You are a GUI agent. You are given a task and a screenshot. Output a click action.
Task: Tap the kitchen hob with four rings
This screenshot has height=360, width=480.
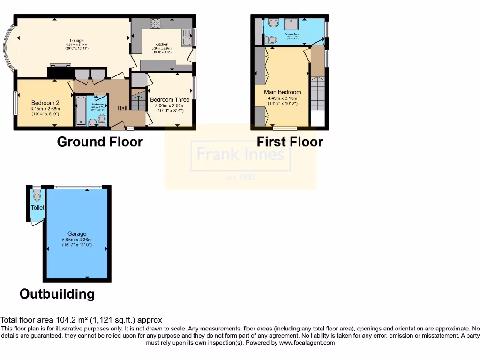pos(155,24)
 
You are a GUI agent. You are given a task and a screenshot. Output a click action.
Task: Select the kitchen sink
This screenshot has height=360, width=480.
pos(187,37)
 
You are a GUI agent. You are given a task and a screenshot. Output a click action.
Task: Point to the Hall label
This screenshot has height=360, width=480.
pos(122,108)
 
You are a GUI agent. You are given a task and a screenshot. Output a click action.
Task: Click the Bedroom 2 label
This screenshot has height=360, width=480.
pos(45,103)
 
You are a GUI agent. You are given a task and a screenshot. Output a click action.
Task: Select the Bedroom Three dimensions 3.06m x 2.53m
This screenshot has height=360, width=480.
pos(170,106)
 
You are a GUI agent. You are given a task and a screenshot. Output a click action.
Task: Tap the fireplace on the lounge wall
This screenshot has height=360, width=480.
pos(60,72)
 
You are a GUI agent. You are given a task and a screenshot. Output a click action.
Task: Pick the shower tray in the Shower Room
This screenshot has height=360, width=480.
pos(295,25)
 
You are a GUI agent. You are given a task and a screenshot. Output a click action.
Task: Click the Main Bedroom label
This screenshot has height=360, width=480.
pos(283,92)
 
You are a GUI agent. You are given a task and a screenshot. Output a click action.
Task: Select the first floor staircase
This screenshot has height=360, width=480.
pos(318,94)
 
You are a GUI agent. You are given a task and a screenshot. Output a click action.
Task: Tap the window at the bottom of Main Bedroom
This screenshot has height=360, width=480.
pos(285,127)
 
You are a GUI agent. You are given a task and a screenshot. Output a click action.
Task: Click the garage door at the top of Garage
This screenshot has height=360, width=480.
pos(78,187)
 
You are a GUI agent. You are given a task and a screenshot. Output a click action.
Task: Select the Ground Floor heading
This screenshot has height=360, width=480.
pos(100,142)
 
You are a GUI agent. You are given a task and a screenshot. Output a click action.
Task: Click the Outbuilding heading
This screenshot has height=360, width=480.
pos(57,294)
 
